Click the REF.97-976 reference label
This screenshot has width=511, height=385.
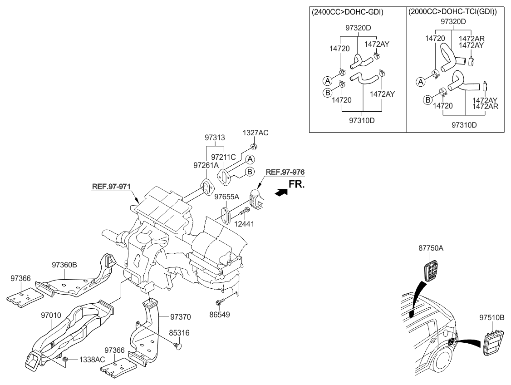pyautogui.click(x=285, y=173)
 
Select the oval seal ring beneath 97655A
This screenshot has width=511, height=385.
pyautogui.click(x=225, y=215)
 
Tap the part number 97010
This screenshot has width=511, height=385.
pyautogui.click(x=52, y=315)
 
